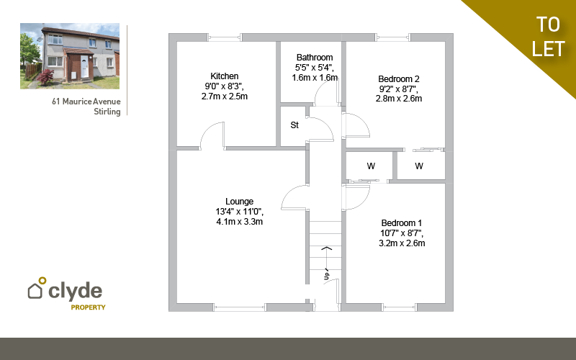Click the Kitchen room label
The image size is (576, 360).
click(225, 76)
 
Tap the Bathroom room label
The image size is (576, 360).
click(315, 58)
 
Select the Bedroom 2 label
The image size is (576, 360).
click(399, 79)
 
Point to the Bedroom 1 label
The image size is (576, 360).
click(402, 223)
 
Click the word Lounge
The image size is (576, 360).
click(240, 202)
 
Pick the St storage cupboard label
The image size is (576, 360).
click(294, 125)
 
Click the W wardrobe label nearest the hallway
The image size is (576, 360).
click(371, 166)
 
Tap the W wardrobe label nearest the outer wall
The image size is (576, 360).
click(419, 166)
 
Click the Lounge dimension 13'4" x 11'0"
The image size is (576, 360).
click(240, 212)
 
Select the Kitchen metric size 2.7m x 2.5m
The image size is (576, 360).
click(225, 96)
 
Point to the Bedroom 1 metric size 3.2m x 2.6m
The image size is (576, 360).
click(402, 243)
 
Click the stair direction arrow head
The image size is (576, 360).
click(327, 248)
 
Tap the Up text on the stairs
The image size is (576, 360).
click(327, 275)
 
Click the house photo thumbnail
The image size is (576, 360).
click(70, 56)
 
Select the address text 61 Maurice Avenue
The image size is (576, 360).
click(86, 102)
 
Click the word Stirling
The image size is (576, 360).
click(107, 112)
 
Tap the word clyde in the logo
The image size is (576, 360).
click(76, 291)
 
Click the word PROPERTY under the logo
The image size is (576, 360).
click(88, 307)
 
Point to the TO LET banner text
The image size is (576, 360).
click(548, 37)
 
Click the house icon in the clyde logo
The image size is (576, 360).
click(35, 291)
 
